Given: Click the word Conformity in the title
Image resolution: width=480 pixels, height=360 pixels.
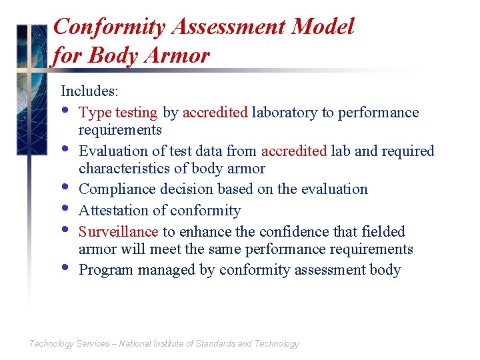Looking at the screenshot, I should click(x=109, y=27).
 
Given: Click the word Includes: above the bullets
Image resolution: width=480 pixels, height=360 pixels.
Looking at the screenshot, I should click(x=89, y=91).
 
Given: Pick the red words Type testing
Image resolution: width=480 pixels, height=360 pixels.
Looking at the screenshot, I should click(x=118, y=113).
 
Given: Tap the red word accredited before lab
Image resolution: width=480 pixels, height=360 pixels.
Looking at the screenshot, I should click(x=294, y=151).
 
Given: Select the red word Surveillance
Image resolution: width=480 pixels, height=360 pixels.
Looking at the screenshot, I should click(x=118, y=232).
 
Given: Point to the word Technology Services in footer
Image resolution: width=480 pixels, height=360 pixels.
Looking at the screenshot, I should click(x=69, y=344).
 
